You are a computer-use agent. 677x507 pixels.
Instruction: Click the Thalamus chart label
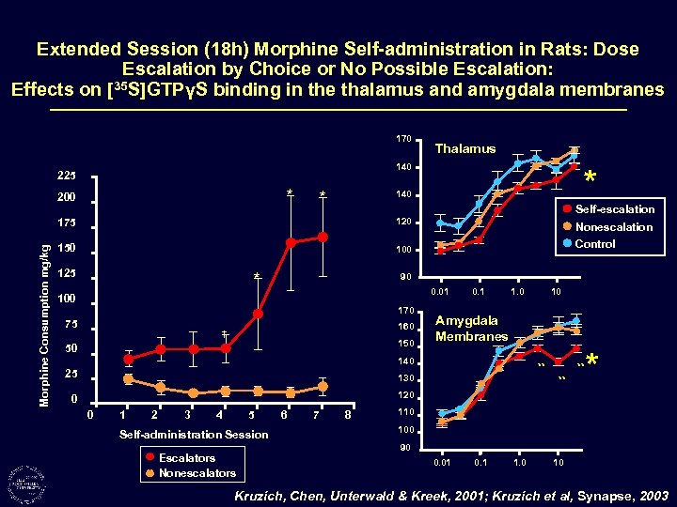(x=465, y=148)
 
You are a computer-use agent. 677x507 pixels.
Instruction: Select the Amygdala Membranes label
(x=471, y=329)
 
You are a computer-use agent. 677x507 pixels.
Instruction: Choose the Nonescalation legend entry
(x=613, y=226)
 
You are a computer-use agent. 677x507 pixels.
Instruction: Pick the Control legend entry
(x=594, y=243)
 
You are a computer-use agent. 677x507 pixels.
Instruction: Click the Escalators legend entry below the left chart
(x=186, y=458)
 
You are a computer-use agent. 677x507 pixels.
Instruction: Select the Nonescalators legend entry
(x=197, y=473)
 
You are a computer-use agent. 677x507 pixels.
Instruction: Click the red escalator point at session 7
(x=323, y=238)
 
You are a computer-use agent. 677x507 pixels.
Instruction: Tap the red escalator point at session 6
(x=291, y=242)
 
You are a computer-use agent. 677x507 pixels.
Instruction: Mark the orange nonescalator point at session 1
(x=128, y=379)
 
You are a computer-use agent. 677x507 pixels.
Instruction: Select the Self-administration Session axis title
(x=194, y=434)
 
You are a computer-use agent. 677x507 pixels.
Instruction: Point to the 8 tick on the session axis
(x=348, y=414)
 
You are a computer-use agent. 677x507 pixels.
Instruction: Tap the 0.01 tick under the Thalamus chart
(x=440, y=292)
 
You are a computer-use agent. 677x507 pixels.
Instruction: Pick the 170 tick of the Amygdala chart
(x=405, y=310)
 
